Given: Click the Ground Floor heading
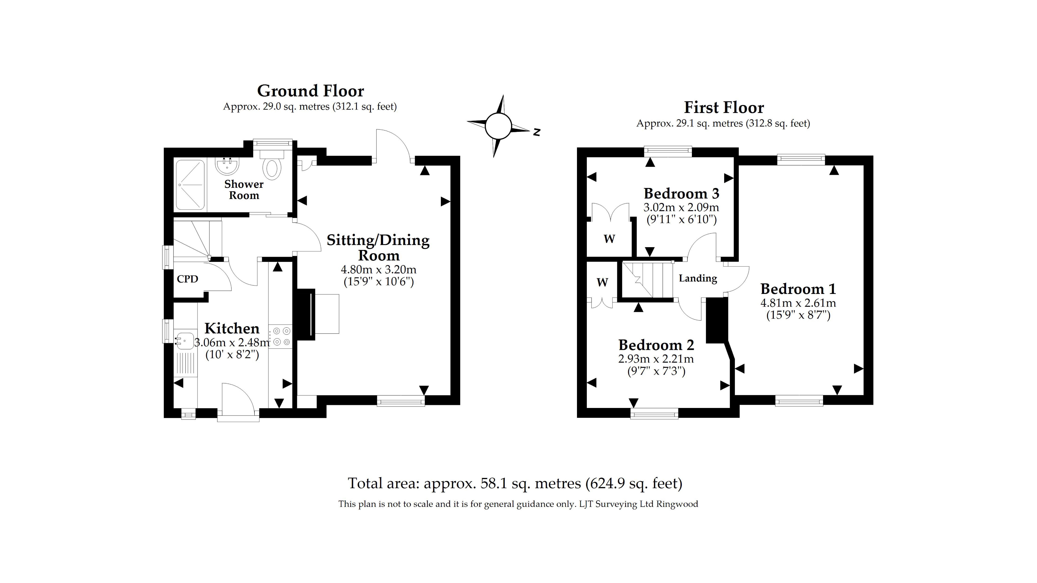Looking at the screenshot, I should (310, 91).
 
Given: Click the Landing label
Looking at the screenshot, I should (698, 278).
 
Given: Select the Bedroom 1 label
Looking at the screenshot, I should (798, 289).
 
